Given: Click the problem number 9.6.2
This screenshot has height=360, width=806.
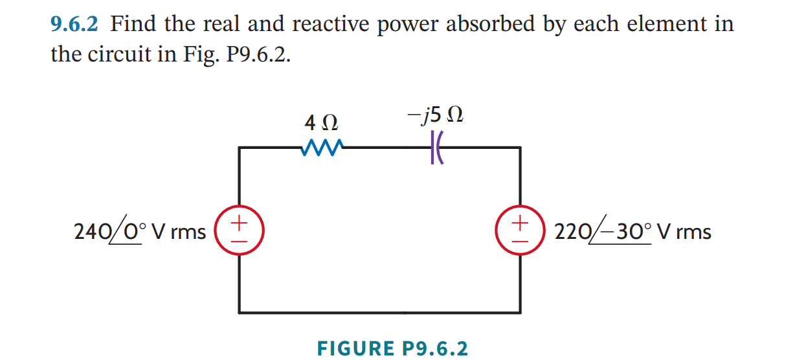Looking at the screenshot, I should point(74,25).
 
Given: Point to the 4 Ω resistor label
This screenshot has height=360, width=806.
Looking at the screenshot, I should point(320,121).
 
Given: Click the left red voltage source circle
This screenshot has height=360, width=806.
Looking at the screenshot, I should point(239,231).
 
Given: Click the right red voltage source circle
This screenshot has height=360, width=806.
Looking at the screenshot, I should point(521,231).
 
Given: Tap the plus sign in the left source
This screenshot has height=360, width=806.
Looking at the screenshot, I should point(239,222).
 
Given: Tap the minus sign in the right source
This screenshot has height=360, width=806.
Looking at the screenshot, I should point(521,240).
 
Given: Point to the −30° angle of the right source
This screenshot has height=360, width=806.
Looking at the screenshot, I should point(623,232).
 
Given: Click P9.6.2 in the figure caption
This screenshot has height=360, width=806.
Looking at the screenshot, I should point(434,348).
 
